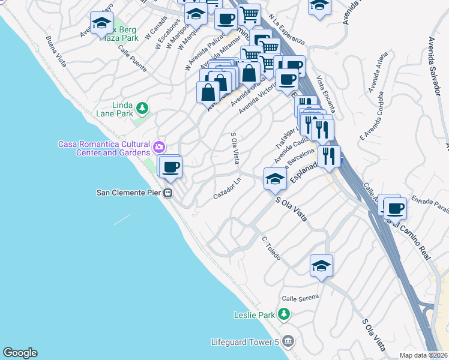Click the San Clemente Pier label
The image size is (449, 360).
point(130,193)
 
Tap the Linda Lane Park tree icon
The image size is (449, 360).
point(142,108)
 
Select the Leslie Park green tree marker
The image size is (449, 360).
point(285,314)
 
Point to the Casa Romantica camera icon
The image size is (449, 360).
point(158,146)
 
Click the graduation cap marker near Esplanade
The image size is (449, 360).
point(275,178)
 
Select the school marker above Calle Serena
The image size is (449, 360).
point(321,265)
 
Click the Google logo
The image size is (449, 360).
point(20,353)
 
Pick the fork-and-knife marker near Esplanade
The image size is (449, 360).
point(329,156)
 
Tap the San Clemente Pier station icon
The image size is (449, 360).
point(169,193)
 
